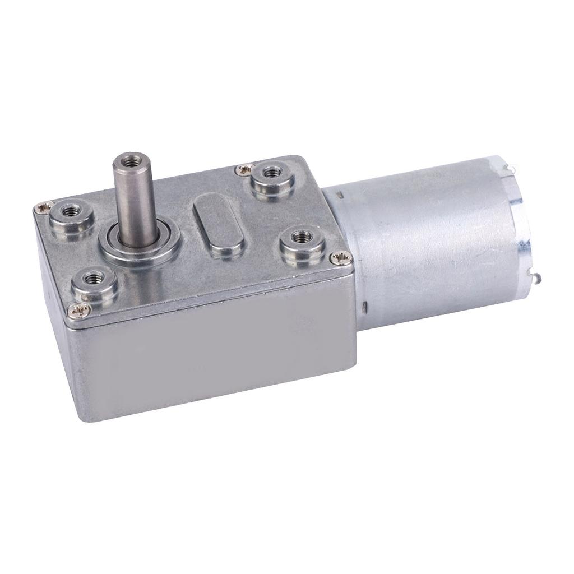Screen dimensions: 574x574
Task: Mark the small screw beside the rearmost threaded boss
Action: tap(243, 167)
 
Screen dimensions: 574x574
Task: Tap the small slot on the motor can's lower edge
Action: tap(365, 307)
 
